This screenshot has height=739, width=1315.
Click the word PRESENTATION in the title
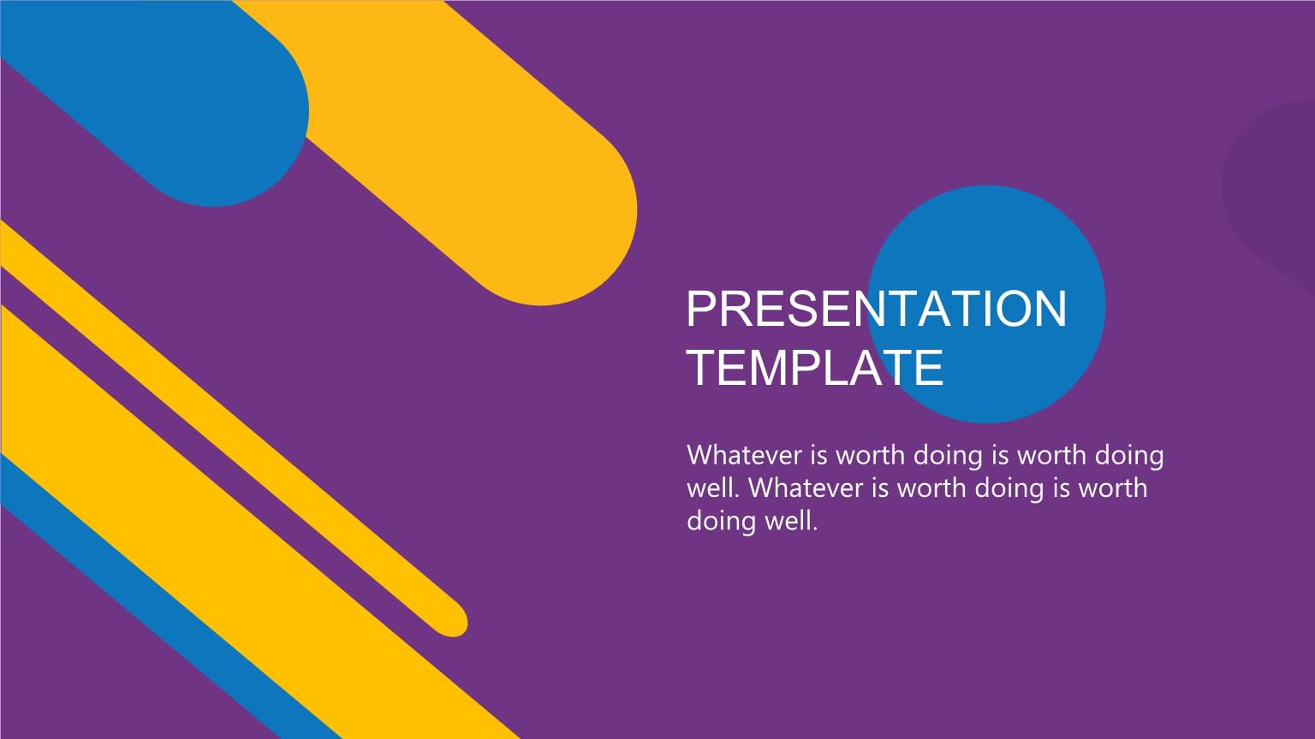pos(877,309)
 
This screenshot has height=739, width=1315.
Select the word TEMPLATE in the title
pos(815,368)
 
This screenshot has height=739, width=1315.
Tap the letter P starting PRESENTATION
pos(702,309)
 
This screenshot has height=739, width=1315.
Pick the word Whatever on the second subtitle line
pos(809,488)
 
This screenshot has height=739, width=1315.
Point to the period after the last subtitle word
pos(815,529)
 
